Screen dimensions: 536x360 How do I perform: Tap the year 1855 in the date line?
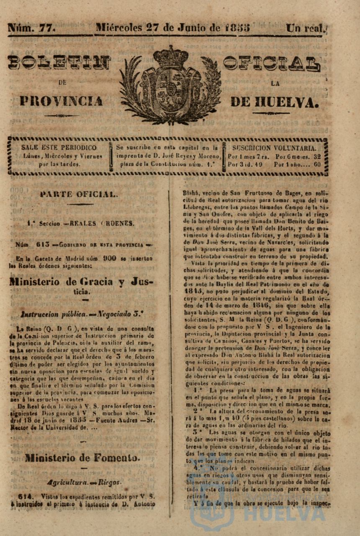click(237, 28)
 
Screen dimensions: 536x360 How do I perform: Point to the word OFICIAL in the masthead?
click(272, 63)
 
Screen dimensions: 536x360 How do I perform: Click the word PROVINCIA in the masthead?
click(61, 101)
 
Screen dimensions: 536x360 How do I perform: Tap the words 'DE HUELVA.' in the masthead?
click(274, 101)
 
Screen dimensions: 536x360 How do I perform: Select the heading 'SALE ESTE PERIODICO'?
click(59, 148)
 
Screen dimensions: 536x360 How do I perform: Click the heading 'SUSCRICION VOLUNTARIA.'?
click(274, 148)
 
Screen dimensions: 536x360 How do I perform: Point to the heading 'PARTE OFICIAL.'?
click(79, 194)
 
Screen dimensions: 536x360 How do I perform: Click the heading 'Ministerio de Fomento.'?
click(82, 458)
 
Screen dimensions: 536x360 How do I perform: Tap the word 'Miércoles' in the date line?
click(119, 28)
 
